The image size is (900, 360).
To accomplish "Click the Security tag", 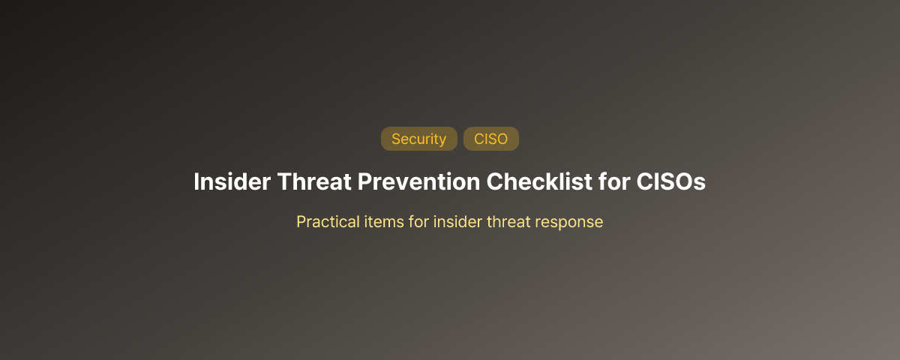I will point(418,139).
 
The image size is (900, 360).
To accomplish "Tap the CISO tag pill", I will point(490,139).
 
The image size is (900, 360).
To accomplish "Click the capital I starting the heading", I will point(196,182).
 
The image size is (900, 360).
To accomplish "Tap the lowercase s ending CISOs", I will point(700,183).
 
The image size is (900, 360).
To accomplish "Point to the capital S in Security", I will point(396,139).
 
